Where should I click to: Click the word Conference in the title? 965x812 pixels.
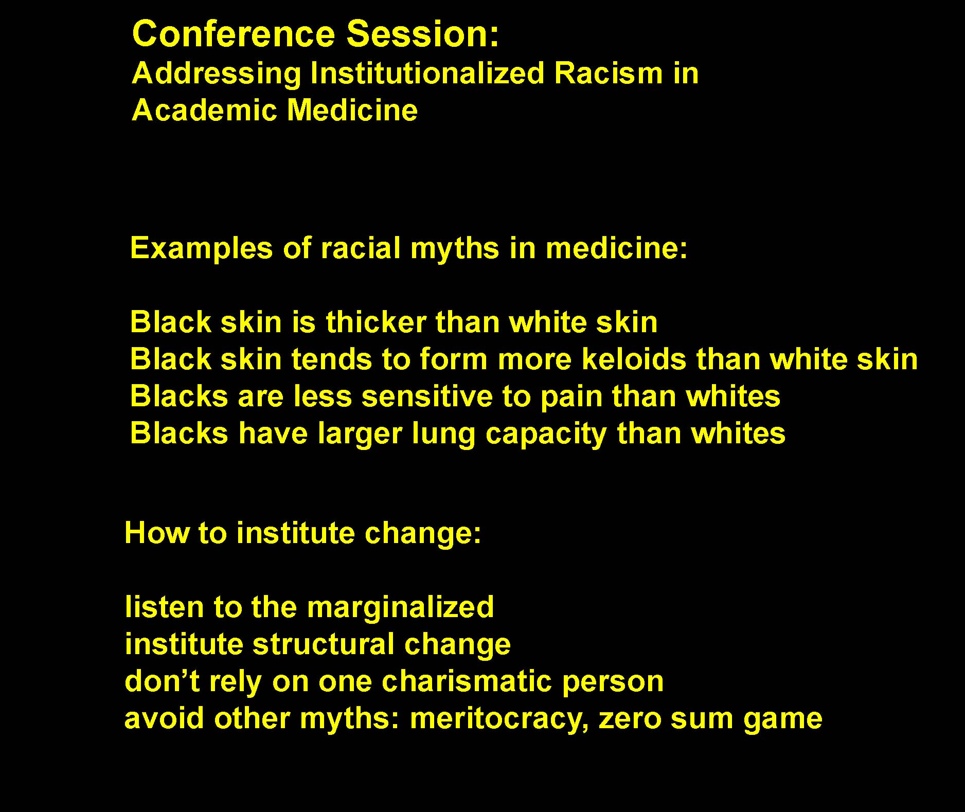pyautogui.click(x=234, y=34)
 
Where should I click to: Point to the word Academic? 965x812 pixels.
pyautogui.click(x=204, y=110)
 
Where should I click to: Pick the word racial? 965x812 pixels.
pyautogui.click(x=361, y=248)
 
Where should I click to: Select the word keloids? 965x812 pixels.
pyautogui.click(x=634, y=359)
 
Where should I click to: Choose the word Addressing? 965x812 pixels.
pyautogui.click(x=217, y=75)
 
